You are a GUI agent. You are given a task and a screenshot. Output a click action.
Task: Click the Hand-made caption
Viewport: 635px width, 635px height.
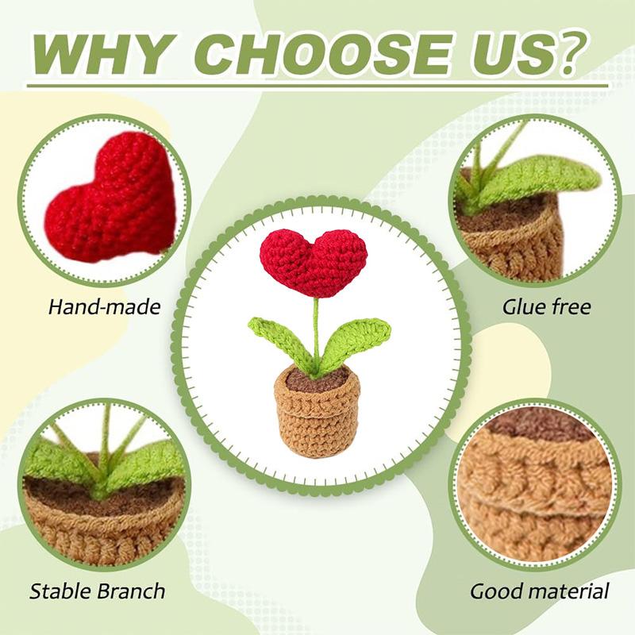pyautogui.click(x=104, y=307)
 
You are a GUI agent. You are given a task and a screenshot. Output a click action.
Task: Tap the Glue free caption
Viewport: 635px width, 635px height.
pyautogui.click(x=547, y=307)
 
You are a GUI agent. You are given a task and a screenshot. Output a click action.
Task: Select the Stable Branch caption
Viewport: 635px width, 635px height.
pyautogui.click(x=98, y=591)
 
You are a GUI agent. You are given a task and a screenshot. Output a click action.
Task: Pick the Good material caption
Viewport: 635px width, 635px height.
pyautogui.click(x=540, y=591)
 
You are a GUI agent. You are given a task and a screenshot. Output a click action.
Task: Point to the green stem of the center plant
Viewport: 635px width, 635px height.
pyautogui.click(x=316, y=325)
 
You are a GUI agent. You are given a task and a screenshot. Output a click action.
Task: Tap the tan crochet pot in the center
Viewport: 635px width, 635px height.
pyautogui.click(x=317, y=421)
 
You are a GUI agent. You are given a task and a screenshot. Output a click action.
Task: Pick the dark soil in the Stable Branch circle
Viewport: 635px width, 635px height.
pyautogui.click(x=103, y=500)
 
